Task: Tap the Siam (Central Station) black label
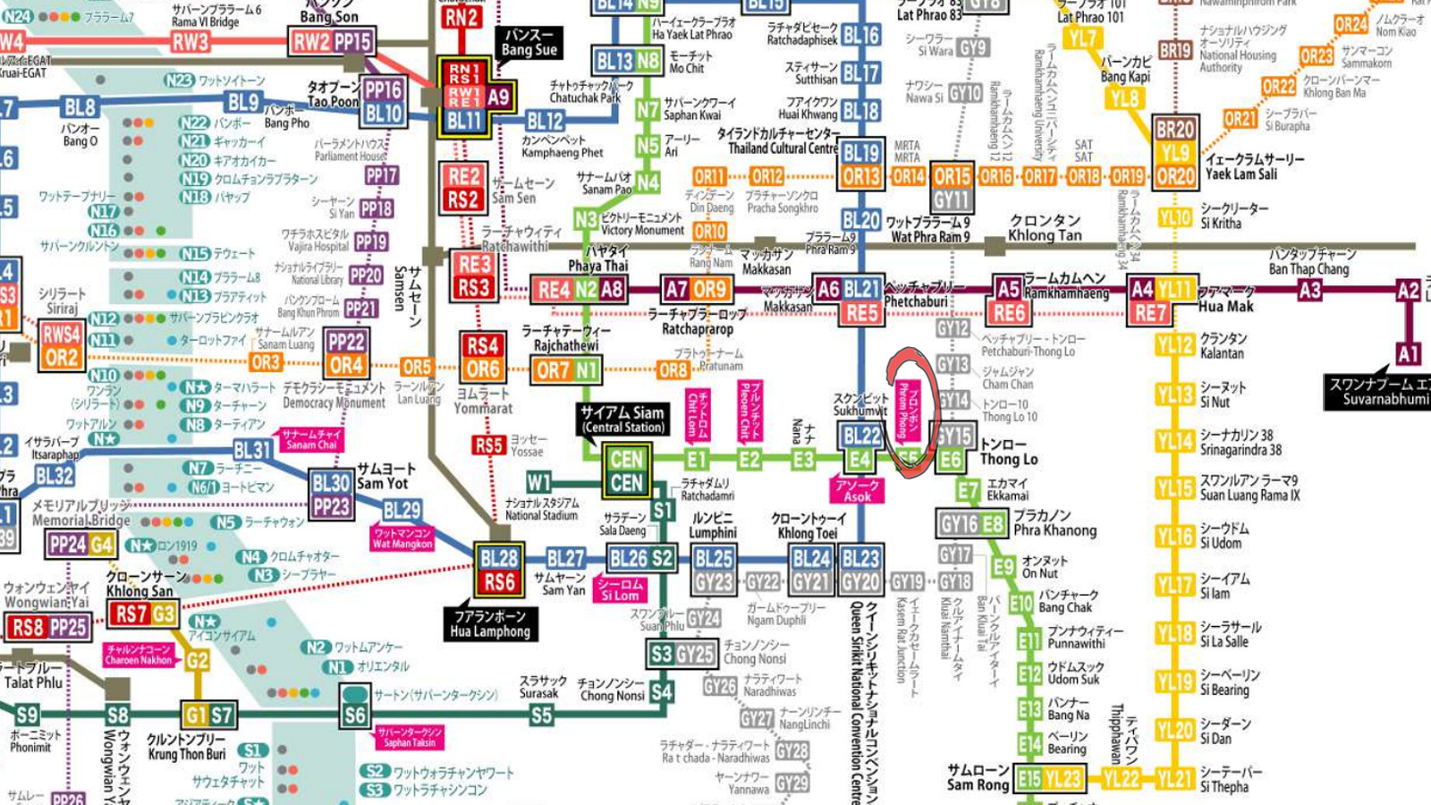[x=622, y=419]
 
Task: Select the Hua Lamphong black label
[x=490, y=623]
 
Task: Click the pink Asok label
[x=857, y=490]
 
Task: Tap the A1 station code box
[x=1408, y=353]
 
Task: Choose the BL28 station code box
[x=499, y=558]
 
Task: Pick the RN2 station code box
[x=461, y=16]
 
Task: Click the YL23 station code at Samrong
[x=1063, y=779]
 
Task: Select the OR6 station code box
[x=482, y=369]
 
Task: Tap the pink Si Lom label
[x=620, y=589]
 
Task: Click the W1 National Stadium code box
[x=538, y=482]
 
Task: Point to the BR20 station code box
[x=1174, y=129]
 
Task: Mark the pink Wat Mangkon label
[x=402, y=538]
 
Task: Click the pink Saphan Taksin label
[x=410, y=737]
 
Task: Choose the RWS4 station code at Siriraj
[x=62, y=335]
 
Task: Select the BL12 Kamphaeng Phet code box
[x=545, y=121]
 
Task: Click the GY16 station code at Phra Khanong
[x=959, y=523]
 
